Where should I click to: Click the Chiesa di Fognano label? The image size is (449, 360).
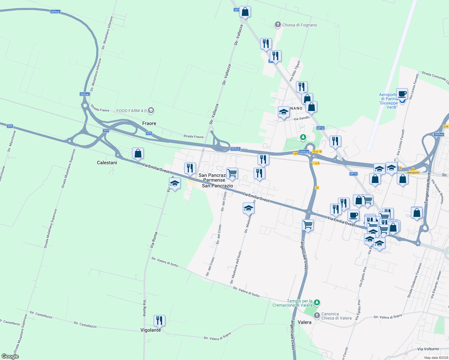299,25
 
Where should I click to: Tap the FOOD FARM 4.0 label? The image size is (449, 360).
131,111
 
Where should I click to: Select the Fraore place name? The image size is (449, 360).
149,123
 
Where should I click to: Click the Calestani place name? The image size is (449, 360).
107,163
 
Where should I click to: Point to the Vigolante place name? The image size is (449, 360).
151,330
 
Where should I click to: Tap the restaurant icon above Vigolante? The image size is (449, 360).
159,320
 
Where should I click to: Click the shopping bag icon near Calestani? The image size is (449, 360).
138,153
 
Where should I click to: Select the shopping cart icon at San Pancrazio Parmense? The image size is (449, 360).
232,173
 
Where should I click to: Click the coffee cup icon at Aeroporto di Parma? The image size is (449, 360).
402,94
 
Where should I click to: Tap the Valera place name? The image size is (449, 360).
304,322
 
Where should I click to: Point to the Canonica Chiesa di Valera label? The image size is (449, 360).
336,316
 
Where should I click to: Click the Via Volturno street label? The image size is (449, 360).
428,349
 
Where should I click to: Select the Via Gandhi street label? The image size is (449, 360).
301,118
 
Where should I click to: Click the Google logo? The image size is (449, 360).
10,356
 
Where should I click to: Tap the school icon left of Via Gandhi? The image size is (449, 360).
284,112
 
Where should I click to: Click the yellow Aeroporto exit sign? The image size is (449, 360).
413,172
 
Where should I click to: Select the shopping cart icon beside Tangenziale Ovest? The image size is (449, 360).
308,225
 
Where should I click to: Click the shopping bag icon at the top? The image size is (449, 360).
245,12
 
